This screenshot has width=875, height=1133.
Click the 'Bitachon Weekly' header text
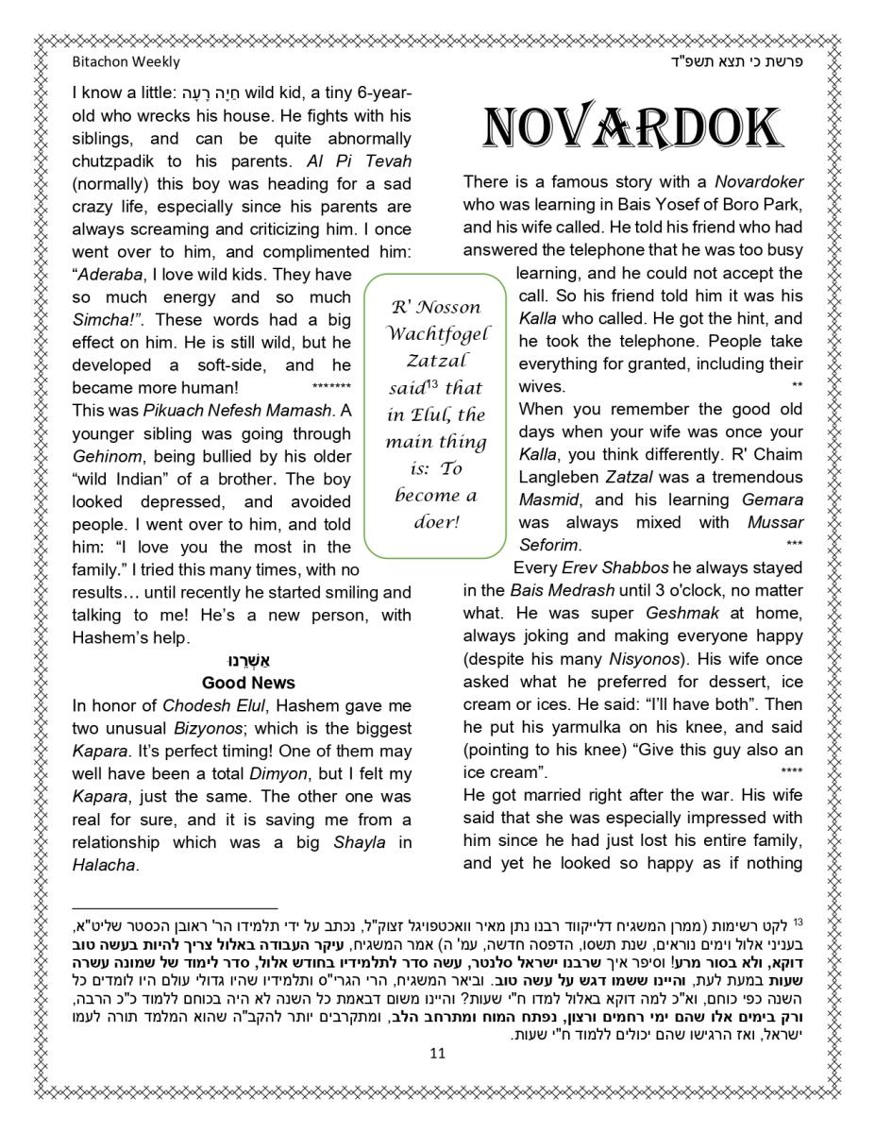(x=126, y=62)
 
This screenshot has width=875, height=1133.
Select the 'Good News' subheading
(x=248, y=683)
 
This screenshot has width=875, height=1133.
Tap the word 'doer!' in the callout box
(x=435, y=521)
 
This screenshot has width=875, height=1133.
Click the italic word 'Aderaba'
(x=106, y=274)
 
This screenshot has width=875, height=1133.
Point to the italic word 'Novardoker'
(x=759, y=182)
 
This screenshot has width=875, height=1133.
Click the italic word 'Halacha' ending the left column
(x=104, y=865)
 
